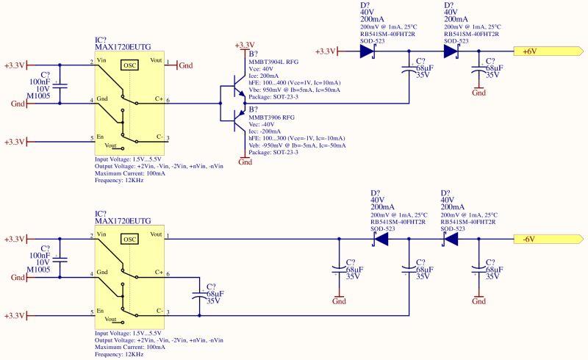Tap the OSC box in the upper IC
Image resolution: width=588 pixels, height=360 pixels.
tap(129, 65)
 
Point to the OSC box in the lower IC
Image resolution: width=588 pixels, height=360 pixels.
tap(129, 239)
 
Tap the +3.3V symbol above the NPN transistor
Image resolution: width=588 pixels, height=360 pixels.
tap(245, 46)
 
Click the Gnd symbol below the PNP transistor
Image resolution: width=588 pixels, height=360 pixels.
tap(245, 162)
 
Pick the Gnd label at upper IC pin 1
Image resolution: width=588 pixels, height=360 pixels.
tap(186, 65)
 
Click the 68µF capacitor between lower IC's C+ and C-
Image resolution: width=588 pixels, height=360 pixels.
tap(200, 295)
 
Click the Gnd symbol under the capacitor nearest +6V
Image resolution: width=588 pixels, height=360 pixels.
tap(478, 93)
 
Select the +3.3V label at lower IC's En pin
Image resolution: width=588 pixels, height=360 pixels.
tap(14, 316)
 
